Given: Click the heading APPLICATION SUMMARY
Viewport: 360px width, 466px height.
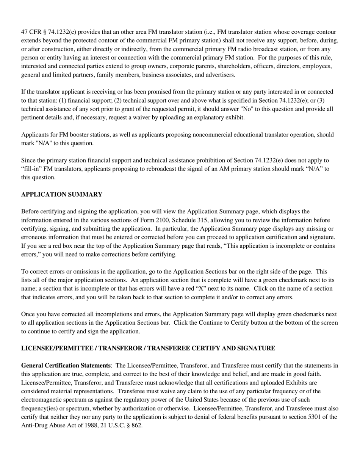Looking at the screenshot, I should [61, 194].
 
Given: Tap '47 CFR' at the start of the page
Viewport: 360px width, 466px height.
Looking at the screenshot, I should [31, 32].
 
